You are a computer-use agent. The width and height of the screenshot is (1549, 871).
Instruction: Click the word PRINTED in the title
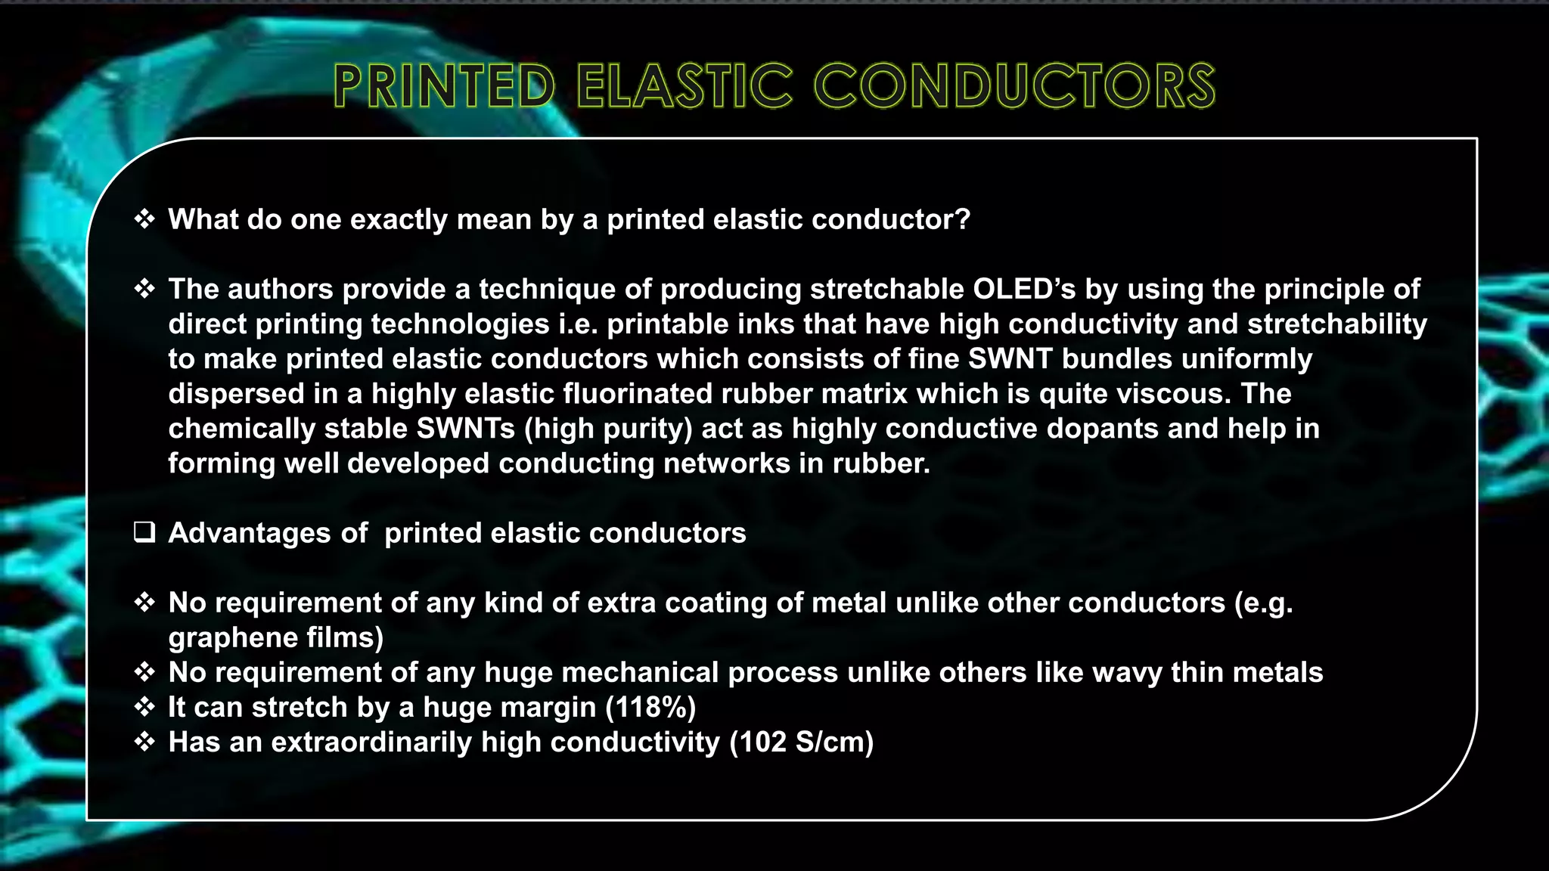444,85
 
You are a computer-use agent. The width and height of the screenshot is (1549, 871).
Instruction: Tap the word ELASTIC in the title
684,85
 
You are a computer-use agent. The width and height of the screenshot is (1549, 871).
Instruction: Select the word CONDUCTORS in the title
1014,85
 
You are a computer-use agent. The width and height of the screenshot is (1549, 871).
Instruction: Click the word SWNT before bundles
1010,358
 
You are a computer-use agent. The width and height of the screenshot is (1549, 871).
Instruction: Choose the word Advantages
250,533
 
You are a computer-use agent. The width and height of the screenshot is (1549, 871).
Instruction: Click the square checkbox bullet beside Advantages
144,532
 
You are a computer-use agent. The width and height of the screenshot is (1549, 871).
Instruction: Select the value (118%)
650,707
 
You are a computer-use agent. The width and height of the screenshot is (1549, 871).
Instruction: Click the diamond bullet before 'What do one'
144,219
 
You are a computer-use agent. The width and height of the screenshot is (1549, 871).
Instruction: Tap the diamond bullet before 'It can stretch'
144,707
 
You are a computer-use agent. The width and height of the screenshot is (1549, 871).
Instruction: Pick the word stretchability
1336,324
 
